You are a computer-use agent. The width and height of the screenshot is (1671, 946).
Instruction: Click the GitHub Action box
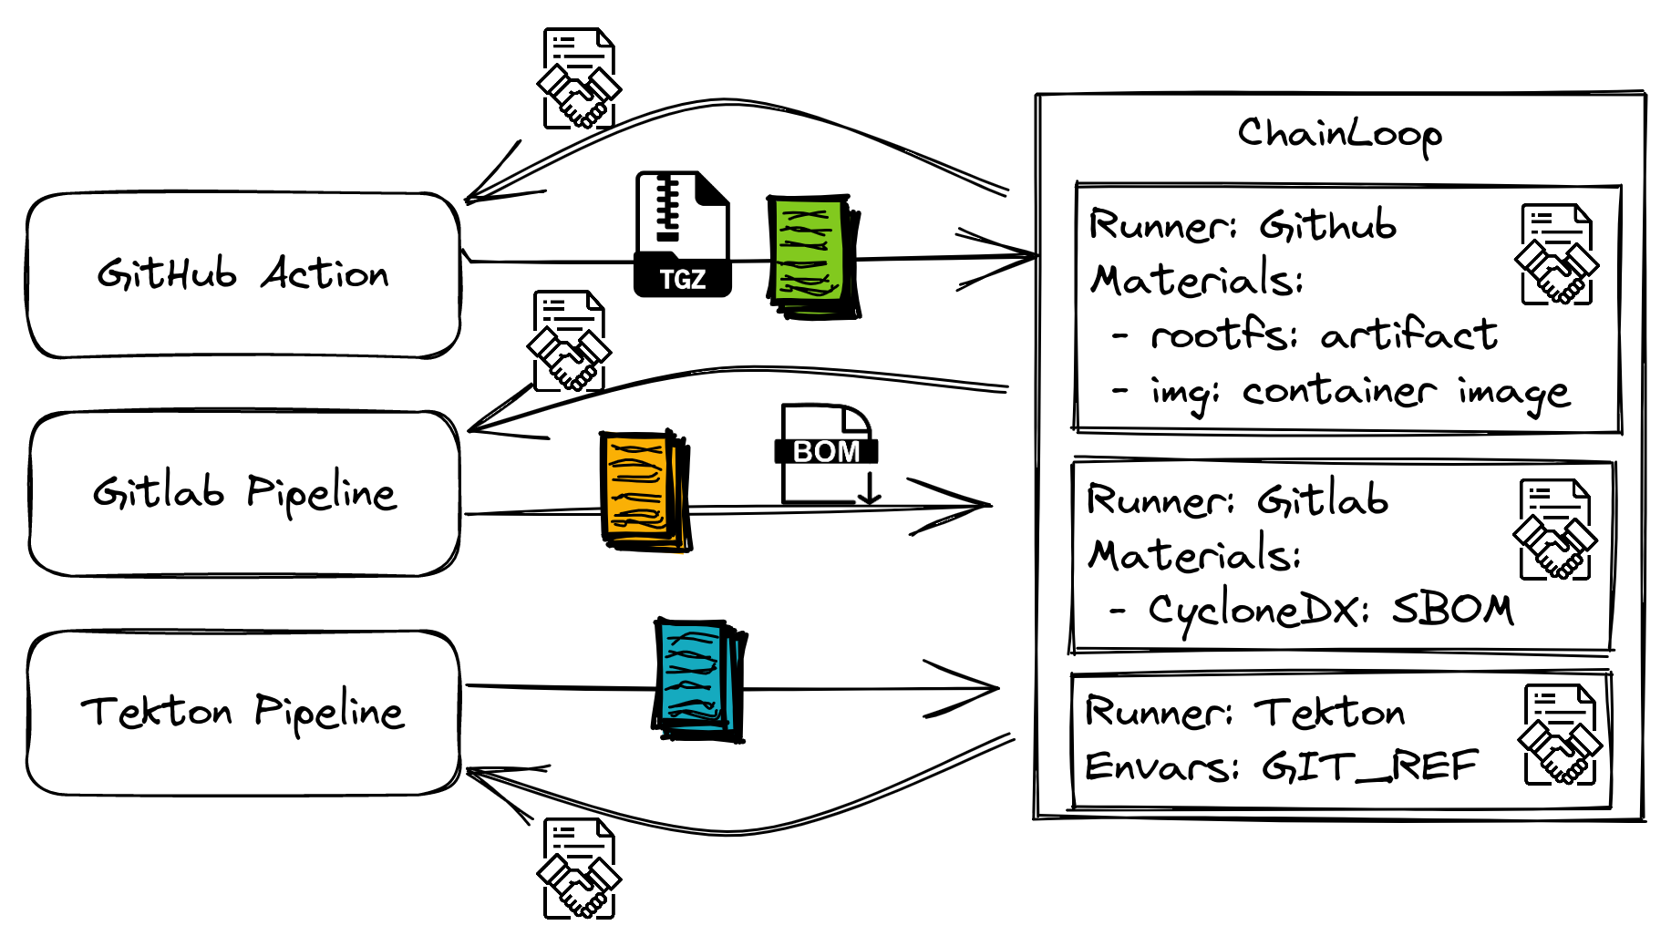[243, 275]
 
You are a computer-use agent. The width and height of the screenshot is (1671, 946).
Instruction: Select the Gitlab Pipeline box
[244, 493]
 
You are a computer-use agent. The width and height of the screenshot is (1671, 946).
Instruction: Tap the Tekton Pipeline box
[243, 713]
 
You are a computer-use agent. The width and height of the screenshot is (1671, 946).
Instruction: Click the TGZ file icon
[682, 234]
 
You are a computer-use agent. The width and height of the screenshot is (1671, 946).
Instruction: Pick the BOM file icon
[827, 454]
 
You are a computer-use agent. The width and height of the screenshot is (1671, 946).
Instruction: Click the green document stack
[813, 256]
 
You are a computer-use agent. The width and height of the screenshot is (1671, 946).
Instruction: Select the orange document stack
[645, 490]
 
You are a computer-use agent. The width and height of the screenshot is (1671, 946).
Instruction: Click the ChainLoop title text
[1339, 136]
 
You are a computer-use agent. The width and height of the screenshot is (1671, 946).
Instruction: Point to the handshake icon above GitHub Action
[579, 79]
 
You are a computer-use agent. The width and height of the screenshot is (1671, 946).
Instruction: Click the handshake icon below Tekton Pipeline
[579, 868]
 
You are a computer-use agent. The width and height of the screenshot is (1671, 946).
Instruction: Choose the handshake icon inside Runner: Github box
[1557, 254]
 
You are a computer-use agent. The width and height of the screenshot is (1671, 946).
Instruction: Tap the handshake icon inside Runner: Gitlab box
[1555, 530]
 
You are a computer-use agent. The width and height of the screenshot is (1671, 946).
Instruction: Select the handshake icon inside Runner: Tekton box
[1560, 735]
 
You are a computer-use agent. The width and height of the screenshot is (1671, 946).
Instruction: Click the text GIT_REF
[1369, 766]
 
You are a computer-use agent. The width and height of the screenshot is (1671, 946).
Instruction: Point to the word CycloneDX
[1258, 610]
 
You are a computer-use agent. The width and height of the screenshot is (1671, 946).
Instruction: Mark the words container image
[1406, 393]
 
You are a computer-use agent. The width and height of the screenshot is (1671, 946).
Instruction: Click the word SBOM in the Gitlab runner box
[1453, 609]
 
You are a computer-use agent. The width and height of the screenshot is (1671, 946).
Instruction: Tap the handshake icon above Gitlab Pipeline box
[569, 342]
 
